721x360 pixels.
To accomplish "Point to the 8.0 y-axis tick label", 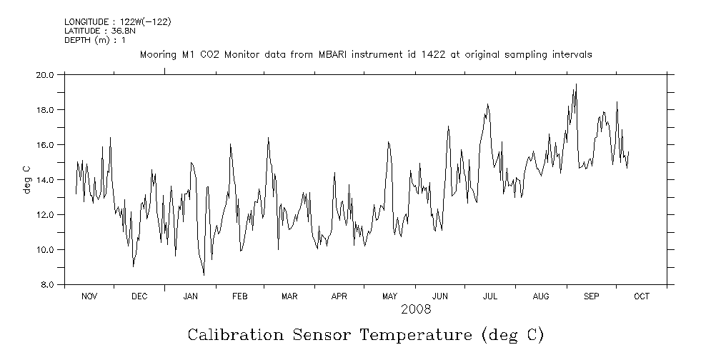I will pos(47,285).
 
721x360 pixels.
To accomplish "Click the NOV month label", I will pos(89,296).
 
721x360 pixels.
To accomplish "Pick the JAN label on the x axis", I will pos(190,296).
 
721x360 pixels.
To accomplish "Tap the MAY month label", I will pos(389,296).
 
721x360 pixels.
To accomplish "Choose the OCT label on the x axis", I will pos(641,296).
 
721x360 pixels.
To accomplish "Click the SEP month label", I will pos(591,296).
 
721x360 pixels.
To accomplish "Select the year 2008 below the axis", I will pos(416,309).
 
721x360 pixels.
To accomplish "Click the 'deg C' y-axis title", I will pos(26,179).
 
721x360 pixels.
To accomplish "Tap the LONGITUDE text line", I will pos(117,21).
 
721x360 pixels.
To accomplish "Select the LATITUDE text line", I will pos(98,31).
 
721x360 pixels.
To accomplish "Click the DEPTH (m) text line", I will pos(95,40).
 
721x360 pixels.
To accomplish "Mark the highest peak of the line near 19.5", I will pos(576,84).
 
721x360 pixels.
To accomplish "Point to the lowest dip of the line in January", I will pos(204,275).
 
